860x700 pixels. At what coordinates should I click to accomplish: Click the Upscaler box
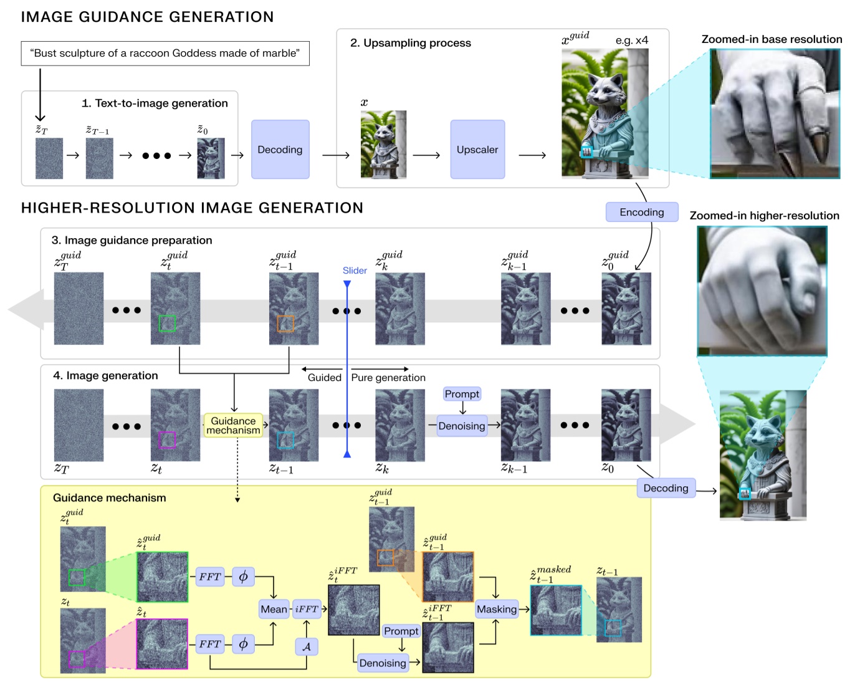tap(477, 150)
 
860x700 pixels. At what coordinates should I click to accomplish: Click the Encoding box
tap(641, 212)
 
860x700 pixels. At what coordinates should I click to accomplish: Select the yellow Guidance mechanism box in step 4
tap(233, 426)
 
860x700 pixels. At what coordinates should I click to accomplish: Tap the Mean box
tap(274, 609)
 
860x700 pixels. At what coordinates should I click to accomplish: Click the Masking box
tap(496, 609)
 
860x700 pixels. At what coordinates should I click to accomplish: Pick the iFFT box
tap(307, 609)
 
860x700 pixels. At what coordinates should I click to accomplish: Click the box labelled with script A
tap(307, 646)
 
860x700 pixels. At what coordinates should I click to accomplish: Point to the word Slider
tap(355, 271)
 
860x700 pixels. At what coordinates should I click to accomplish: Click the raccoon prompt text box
tap(165, 54)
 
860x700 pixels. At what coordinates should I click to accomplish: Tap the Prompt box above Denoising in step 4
tap(462, 394)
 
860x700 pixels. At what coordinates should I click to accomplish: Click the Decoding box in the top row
tap(280, 150)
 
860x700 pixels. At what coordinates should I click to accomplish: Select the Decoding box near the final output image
tap(666, 488)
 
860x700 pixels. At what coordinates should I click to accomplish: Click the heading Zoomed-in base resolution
tap(772, 39)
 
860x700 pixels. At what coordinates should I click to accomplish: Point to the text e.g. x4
tap(632, 41)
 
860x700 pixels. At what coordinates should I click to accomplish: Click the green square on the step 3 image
tap(167, 323)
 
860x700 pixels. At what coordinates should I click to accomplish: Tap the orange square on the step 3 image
tap(285, 324)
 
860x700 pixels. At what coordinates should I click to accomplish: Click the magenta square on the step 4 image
tap(167, 439)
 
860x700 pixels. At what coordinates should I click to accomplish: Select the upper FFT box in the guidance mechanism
tap(210, 577)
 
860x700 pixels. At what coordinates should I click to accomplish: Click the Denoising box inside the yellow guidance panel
tap(382, 663)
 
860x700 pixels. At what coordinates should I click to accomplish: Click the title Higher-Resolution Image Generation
tap(192, 208)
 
